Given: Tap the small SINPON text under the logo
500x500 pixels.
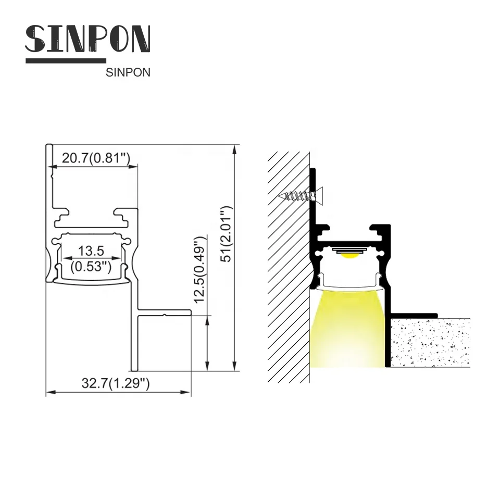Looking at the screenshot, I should point(128,73).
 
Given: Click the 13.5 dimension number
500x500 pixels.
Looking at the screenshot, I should point(91,251).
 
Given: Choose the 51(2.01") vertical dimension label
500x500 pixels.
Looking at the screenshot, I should point(224,234).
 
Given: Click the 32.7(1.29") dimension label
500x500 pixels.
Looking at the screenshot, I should point(116,384).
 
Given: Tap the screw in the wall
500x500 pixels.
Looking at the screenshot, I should point(299,196).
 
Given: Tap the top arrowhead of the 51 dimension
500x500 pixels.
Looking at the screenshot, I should point(235,148).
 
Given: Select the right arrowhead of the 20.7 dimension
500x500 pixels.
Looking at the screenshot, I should point(135,167).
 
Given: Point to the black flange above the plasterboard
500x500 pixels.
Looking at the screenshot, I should point(414,315).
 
